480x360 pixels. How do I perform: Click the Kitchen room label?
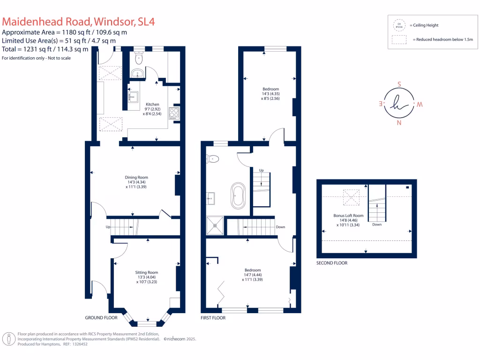[x=152, y=105]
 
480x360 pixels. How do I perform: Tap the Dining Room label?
[x=136, y=177]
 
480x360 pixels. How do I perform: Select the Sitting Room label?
[x=146, y=272]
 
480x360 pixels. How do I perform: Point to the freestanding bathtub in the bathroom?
[x=237, y=195]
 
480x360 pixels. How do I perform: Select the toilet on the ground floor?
[x=138, y=59]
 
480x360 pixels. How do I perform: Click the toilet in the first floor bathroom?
[x=212, y=159]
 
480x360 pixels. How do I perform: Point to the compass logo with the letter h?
[x=399, y=104]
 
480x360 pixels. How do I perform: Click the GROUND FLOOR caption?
[x=101, y=318]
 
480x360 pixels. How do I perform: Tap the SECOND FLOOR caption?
[x=332, y=263]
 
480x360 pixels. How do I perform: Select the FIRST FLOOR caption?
[x=213, y=318]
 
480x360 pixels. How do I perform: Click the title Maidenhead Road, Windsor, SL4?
[x=79, y=22]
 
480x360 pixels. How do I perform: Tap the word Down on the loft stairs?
[x=377, y=225]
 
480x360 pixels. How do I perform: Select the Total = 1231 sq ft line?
[x=45, y=49]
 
